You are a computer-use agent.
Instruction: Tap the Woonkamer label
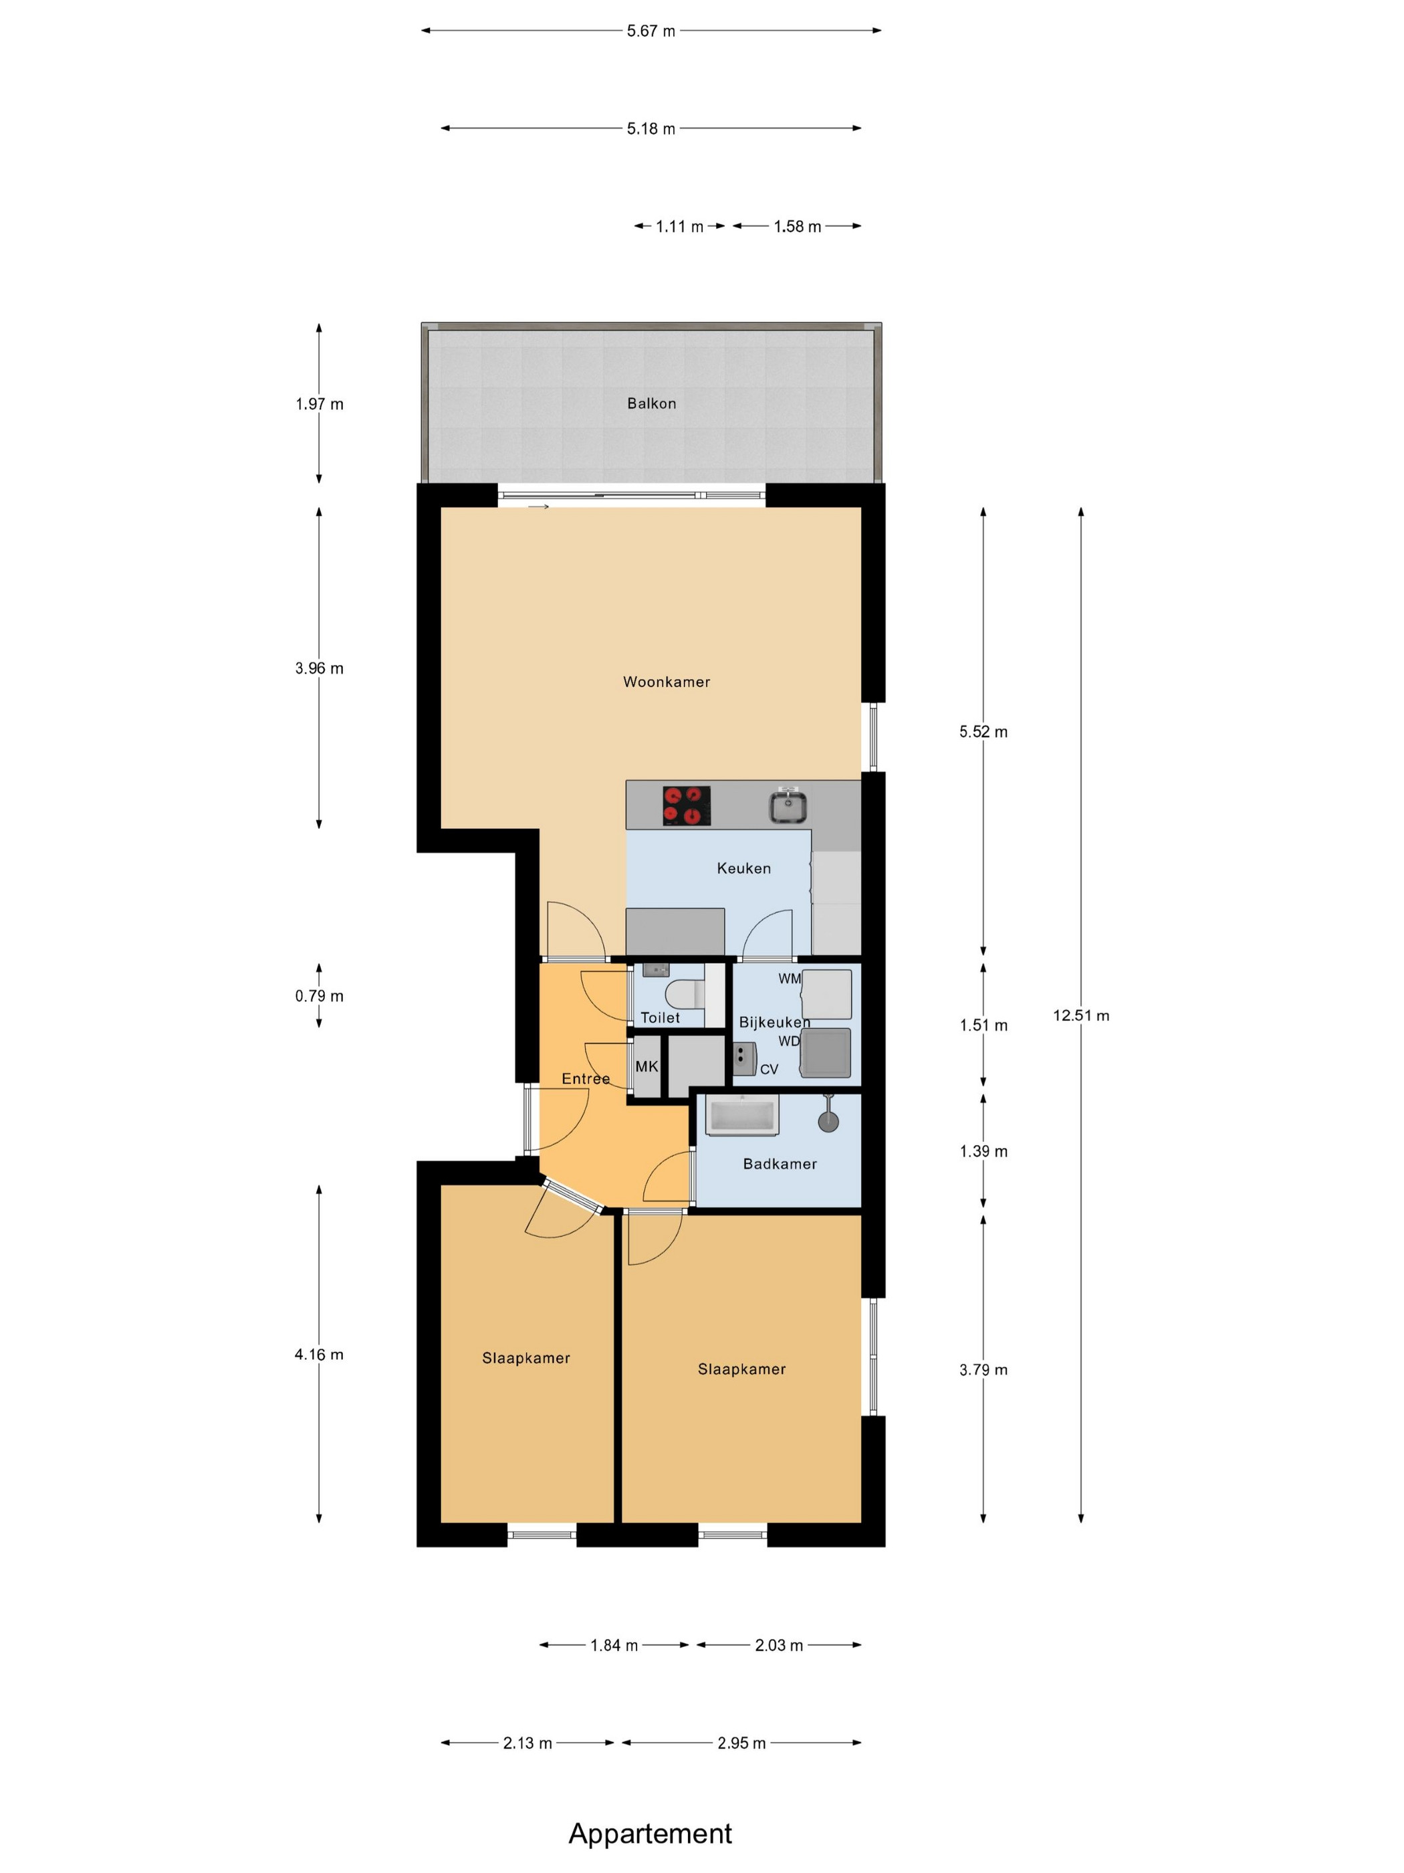[666, 682]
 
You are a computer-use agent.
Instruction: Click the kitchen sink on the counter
[788, 805]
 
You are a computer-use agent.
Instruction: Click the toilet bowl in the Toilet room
[685, 993]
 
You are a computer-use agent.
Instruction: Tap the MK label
[647, 1066]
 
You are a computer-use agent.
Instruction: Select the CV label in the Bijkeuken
[768, 1070]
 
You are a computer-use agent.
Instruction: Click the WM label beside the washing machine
[789, 978]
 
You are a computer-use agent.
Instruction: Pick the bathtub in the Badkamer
[742, 1115]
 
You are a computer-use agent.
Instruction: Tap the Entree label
[586, 1079]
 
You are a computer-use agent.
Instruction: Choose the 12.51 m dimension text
[1080, 1015]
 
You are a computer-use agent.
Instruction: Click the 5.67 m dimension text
[651, 31]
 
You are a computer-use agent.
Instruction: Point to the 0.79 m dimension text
[319, 996]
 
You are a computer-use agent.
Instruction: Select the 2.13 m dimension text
[528, 1743]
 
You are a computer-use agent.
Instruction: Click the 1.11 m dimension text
[679, 227]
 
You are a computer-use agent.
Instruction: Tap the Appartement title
[650, 1834]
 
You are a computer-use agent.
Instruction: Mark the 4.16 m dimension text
[319, 1355]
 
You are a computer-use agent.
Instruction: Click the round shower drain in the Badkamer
[828, 1121]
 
